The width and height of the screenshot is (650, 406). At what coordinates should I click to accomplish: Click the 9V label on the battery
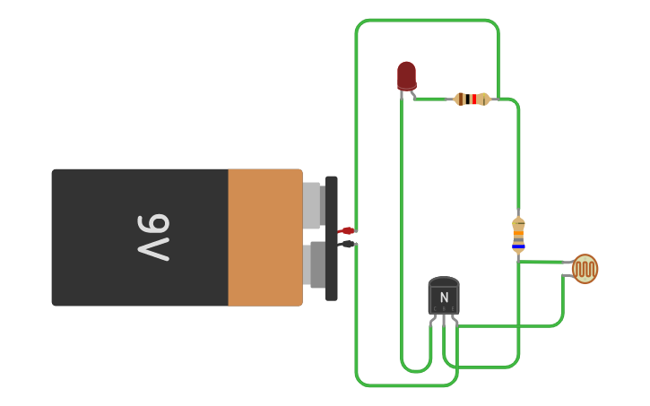pyautogui.click(x=153, y=238)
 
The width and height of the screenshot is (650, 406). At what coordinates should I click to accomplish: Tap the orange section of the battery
pyautogui.click(x=264, y=238)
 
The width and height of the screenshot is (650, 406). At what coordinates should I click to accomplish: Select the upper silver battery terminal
pyautogui.click(x=312, y=204)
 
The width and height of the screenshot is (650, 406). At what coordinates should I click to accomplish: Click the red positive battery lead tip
pyautogui.click(x=347, y=231)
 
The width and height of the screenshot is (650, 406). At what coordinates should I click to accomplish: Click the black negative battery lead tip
pyautogui.click(x=348, y=244)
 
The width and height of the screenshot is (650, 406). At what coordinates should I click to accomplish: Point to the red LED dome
pyautogui.click(x=406, y=75)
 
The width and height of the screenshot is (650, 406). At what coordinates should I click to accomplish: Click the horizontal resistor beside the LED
pyautogui.click(x=472, y=99)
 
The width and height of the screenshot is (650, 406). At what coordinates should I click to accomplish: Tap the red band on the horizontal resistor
pyautogui.click(x=474, y=99)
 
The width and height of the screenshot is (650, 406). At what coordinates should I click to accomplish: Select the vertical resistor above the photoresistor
pyautogui.click(x=518, y=235)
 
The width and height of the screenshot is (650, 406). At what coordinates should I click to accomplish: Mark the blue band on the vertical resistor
pyautogui.click(x=518, y=246)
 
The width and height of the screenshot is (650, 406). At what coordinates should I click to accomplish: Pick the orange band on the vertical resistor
pyautogui.click(x=518, y=234)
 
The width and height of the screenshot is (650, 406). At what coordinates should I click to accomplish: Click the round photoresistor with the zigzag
pyautogui.click(x=585, y=268)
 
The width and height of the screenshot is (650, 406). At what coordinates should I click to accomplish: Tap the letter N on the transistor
pyautogui.click(x=444, y=298)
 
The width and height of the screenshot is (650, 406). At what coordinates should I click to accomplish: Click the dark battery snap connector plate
pyautogui.click(x=332, y=238)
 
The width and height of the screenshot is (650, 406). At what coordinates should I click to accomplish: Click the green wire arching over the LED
pyautogui.click(x=427, y=20)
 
